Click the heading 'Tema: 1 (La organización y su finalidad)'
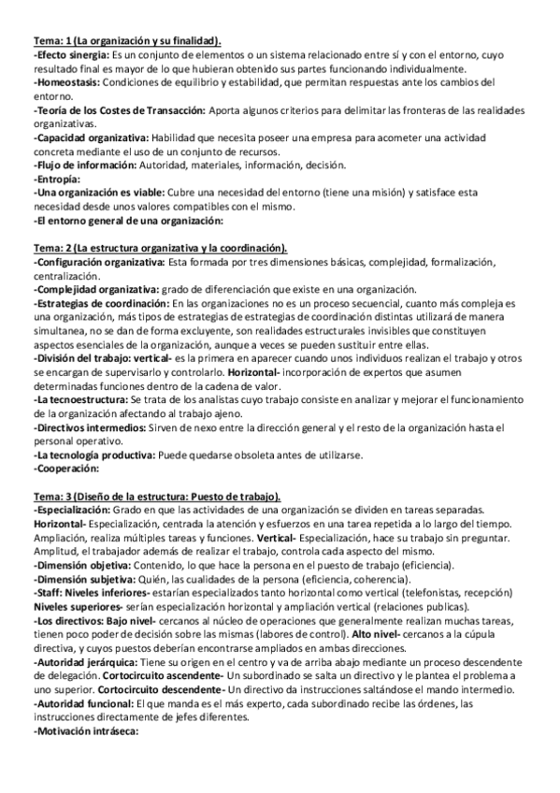pyautogui.click(x=127, y=41)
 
